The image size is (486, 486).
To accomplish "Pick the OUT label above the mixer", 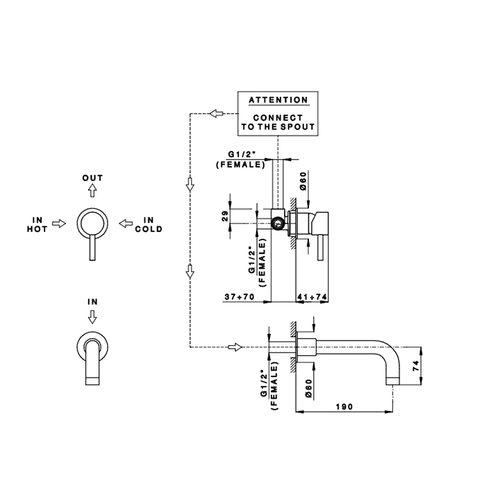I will coord(93,178).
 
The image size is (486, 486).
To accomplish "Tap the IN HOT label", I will coord(37,224).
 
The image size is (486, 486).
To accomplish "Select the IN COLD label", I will coord(149,224).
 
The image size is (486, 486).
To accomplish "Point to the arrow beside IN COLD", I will coord(126,224).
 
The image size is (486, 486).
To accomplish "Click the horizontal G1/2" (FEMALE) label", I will coord(240,159).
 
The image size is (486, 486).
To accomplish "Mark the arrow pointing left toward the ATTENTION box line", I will coord(216,113).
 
